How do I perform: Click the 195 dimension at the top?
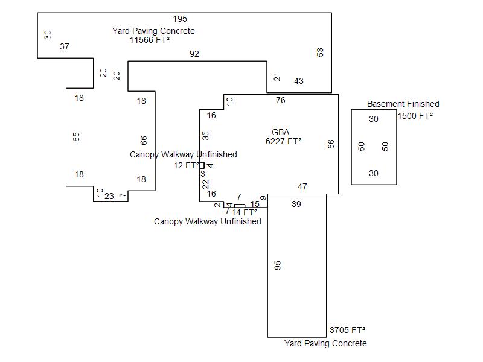pyautogui.click(x=180, y=19)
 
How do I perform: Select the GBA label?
pyautogui.click(x=281, y=132)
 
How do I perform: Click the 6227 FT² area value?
pyautogui.click(x=283, y=142)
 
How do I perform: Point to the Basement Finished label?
pyautogui.click(x=403, y=104)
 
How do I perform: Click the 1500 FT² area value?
pyautogui.click(x=415, y=116)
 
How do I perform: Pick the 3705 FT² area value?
pyautogui.click(x=347, y=330)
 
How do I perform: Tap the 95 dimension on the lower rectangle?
pyautogui.click(x=278, y=265)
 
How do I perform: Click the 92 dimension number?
pyautogui.click(x=194, y=54)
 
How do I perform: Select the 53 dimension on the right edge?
pyautogui.click(x=320, y=52)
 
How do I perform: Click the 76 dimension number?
pyautogui.click(x=281, y=101)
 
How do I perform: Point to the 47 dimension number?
pyautogui.click(x=302, y=187)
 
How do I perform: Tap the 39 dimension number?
pyautogui.click(x=296, y=205)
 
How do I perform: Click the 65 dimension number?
pyautogui.click(x=76, y=137)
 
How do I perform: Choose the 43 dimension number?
pyautogui.click(x=299, y=81)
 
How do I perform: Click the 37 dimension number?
pyautogui.click(x=65, y=46)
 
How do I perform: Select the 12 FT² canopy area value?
pyautogui.click(x=186, y=165)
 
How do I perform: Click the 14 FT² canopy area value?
pyautogui.click(x=245, y=212)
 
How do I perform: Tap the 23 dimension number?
pyautogui.click(x=109, y=196)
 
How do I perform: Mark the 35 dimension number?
pyautogui.click(x=205, y=135)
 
